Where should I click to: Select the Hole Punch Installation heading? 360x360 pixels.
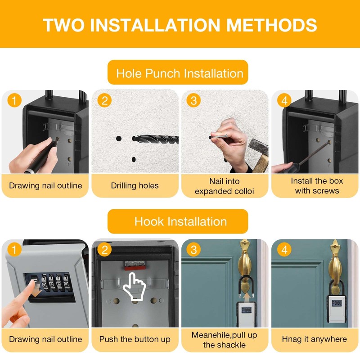(180, 73)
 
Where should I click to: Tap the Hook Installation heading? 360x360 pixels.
(180, 221)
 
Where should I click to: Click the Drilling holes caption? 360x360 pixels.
(135, 185)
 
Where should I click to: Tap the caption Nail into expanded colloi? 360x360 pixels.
(225, 186)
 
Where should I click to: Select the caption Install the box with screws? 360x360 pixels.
(316, 186)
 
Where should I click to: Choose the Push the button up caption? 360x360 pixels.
(135, 339)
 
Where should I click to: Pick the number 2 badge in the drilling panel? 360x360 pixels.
(104, 100)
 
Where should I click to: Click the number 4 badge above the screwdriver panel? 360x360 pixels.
(284, 100)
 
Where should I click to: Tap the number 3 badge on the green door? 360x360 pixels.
(193, 249)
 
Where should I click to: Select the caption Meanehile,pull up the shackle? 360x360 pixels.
(225, 340)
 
